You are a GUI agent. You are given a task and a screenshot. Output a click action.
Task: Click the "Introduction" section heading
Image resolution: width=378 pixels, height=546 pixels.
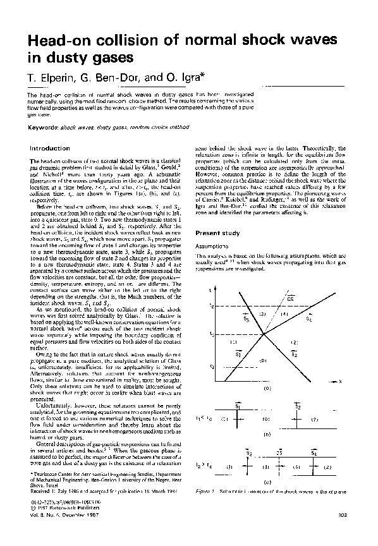coord(50,148)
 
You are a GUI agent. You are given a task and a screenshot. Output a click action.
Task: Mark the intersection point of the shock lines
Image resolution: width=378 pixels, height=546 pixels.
coord(264,334)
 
